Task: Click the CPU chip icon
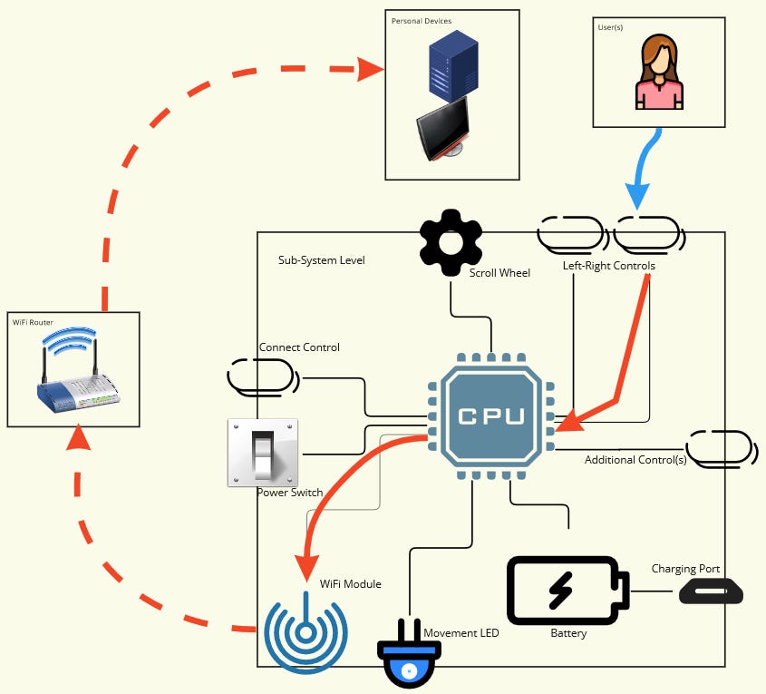click(x=490, y=415)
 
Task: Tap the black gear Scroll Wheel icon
click(x=451, y=242)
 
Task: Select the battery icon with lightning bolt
click(x=566, y=591)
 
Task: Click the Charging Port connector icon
click(x=711, y=591)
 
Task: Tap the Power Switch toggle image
click(x=263, y=453)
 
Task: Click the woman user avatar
click(x=658, y=72)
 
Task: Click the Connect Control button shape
click(x=262, y=376)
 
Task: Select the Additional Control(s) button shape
click(x=720, y=448)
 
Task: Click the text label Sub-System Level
click(x=321, y=259)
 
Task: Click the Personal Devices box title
click(x=421, y=21)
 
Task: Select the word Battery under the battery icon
click(x=568, y=633)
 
